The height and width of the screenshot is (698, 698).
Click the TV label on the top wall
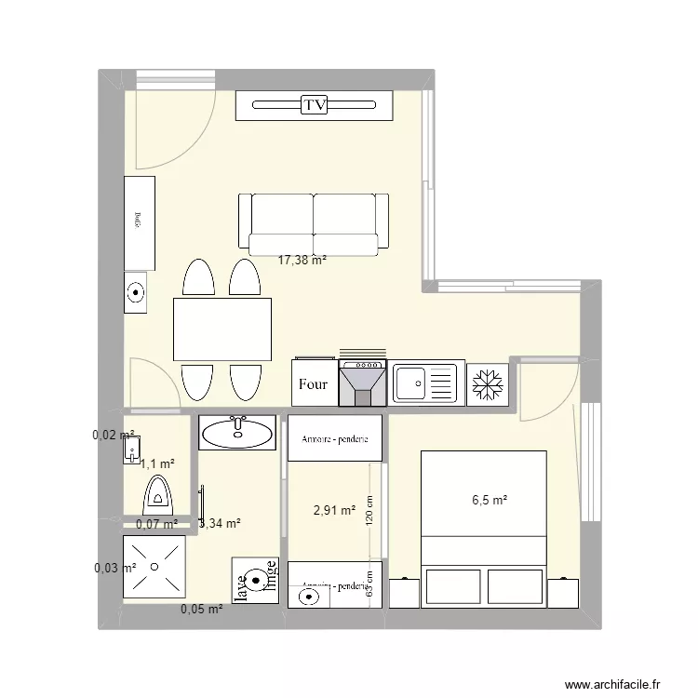[x=315, y=106]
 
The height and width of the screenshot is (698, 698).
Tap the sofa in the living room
[x=313, y=223]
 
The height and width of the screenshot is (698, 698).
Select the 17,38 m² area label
[x=302, y=262]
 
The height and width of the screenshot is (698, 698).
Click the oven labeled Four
[x=313, y=383]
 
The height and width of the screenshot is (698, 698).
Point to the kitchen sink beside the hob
[x=425, y=383]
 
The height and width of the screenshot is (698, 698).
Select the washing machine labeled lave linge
[x=255, y=581]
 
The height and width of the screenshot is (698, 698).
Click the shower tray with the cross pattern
[x=155, y=567]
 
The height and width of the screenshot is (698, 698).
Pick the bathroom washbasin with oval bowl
[x=237, y=432]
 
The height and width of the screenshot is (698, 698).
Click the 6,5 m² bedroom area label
[x=490, y=500]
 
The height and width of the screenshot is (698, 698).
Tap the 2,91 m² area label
[x=335, y=510]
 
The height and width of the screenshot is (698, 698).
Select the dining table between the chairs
[x=222, y=329]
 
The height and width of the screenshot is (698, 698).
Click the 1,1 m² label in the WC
[x=157, y=463]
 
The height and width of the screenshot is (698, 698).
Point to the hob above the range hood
[x=363, y=364]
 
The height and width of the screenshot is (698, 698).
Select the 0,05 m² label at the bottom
[x=201, y=610]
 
